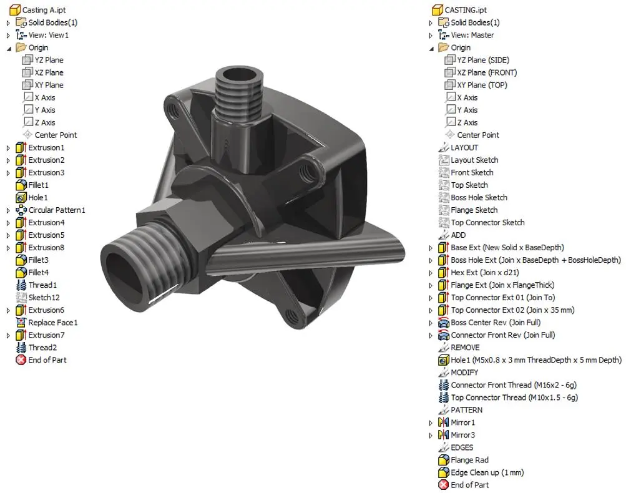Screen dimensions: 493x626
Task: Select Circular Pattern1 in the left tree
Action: click(x=56, y=210)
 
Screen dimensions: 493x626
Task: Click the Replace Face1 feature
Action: click(x=52, y=322)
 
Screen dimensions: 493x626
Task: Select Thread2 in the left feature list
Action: click(x=42, y=347)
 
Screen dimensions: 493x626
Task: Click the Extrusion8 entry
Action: click(x=46, y=247)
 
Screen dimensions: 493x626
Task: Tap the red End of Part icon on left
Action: click(x=21, y=360)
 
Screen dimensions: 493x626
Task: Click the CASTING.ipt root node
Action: click(x=466, y=10)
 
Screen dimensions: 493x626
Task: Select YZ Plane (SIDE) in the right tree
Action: click(x=482, y=60)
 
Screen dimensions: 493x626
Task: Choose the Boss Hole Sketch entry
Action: click(x=479, y=197)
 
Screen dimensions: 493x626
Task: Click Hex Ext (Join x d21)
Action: click(x=484, y=272)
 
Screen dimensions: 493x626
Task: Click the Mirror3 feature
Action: click(x=462, y=434)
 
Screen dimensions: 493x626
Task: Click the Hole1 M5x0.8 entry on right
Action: click(x=536, y=359)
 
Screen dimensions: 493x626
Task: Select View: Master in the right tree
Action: click(x=472, y=35)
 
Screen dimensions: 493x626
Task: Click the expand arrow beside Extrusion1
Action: click(x=8, y=148)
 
